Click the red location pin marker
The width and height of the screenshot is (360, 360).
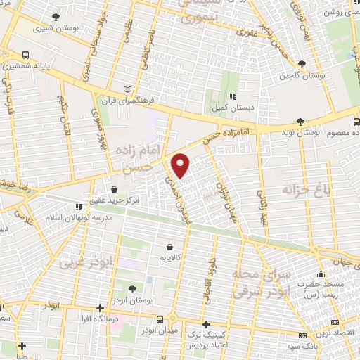click(x=181, y=165)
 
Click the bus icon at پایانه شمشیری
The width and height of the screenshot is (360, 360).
click(x=26, y=54)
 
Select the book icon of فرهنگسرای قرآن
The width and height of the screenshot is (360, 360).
click(x=127, y=89)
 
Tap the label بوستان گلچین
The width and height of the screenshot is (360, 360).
click(x=302, y=75)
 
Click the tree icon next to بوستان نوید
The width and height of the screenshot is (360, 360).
click(x=301, y=121)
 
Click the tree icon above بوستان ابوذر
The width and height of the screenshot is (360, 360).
click(x=133, y=288)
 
